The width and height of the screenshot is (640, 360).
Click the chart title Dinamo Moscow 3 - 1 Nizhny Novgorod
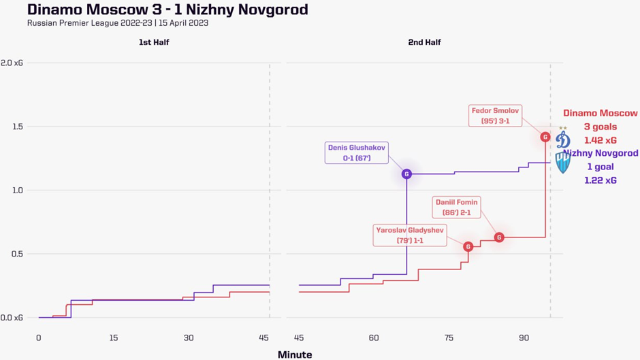pyautogui.click(x=167, y=10)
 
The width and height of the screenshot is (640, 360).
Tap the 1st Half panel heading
pyautogui.click(x=154, y=42)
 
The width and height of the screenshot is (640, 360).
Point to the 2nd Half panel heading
pyautogui.click(x=424, y=42)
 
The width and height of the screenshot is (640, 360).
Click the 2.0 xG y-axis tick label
pyautogui.click(x=12, y=63)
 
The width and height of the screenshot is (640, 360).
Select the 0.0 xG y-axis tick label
pyautogui.click(x=12, y=318)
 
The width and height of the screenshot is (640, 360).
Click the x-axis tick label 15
pyautogui.click(x=114, y=338)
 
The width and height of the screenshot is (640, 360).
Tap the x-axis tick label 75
pyautogui.click(x=449, y=338)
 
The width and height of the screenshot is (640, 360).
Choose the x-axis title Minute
pyautogui.click(x=295, y=355)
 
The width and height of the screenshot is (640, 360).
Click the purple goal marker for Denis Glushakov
pyautogui.click(x=406, y=174)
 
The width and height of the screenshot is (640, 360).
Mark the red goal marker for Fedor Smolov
pyautogui.click(x=545, y=137)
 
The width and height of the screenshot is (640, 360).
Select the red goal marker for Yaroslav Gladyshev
pyautogui.click(x=468, y=246)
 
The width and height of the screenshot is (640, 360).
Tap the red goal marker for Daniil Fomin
pyautogui.click(x=499, y=238)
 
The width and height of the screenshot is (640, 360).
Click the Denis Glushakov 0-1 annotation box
pyautogui.click(x=357, y=152)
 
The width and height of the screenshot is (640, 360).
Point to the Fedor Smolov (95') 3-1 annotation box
pyautogui.click(x=495, y=116)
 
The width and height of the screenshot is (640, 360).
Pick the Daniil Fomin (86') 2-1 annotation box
pyautogui.click(x=456, y=207)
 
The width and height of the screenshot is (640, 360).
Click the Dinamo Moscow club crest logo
pyautogui.click(x=563, y=139)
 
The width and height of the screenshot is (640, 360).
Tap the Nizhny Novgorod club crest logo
pyautogui.click(x=563, y=162)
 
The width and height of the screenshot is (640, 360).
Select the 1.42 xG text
pyautogui.click(x=600, y=140)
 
